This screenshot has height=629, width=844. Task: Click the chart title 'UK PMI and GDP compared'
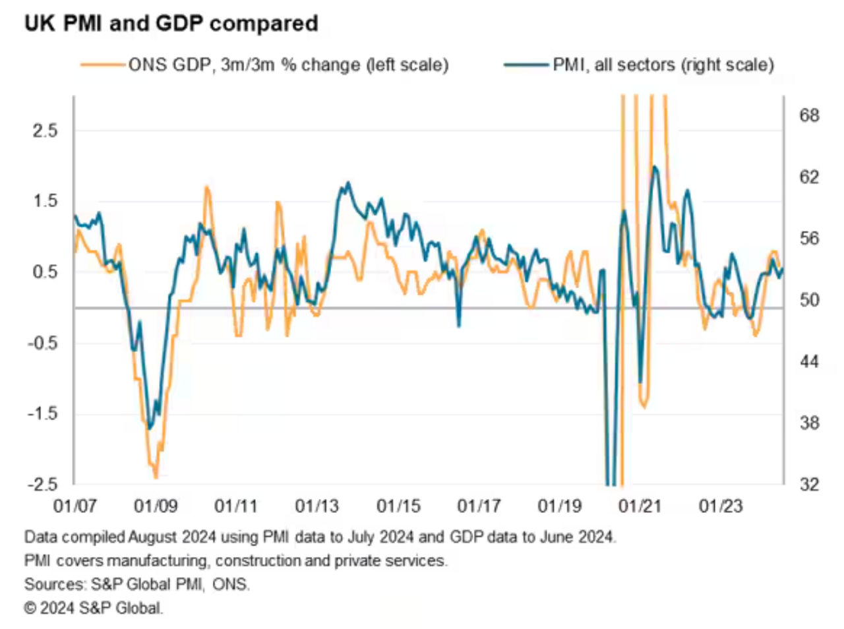tap(171, 24)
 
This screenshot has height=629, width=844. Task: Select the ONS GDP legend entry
tap(288, 65)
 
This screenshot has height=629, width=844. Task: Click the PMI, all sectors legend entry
tap(663, 65)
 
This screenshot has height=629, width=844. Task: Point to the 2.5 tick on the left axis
tap(45, 130)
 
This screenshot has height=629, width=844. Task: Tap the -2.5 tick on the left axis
tap(43, 485)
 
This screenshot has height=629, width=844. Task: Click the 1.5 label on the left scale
tap(45, 201)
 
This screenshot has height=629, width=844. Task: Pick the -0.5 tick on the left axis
tap(43, 343)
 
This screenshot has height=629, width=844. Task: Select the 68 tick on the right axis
tap(809, 115)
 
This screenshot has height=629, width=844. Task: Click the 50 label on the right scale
tap(809, 300)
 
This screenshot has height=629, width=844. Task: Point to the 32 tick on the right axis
tap(809, 485)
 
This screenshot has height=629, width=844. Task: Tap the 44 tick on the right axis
tap(809, 361)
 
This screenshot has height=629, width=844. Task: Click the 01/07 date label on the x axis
tap(75, 506)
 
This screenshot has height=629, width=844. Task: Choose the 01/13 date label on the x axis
tap(317, 506)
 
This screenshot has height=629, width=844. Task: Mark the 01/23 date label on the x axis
tap(721, 506)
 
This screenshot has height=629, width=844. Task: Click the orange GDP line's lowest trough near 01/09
tap(156, 477)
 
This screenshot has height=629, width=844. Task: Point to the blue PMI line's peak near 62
tap(654, 167)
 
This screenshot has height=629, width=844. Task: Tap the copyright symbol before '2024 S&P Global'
tap(30, 608)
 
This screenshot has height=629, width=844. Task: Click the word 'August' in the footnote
tap(153, 537)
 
